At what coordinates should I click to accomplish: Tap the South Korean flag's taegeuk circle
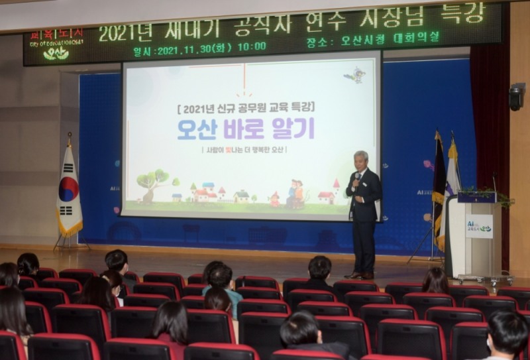pyautogui.click(x=68, y=188)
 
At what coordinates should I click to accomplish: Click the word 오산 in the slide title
pyautogui.click(x=196, y=129)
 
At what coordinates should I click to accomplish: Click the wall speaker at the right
pyautogui.click(x=516, y=98)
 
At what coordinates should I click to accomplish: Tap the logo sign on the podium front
pyautogui.click(x=478, y=227)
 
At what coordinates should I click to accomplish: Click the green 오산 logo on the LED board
pyautogui.click(x=56, y=54)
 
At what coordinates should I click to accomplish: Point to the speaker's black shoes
pyautogui.click(x=361, y=275)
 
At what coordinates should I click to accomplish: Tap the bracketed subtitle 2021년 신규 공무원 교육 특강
pyautogui.click(x=246, y=106)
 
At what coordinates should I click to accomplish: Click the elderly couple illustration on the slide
pyautogui.click(x=293, y=193)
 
